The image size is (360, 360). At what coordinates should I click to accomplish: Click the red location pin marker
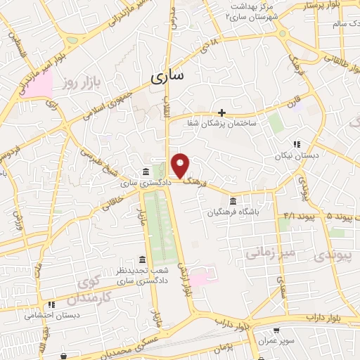[181, 165]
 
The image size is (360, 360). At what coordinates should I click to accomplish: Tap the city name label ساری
[167, 75]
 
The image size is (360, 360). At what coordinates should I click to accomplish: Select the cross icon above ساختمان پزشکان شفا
[221, 112]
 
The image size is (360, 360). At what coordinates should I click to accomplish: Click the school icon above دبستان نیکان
[296, 144]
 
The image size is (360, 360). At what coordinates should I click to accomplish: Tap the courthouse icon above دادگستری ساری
[145, 172]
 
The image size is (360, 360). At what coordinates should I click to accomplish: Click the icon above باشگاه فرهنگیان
[233, 201]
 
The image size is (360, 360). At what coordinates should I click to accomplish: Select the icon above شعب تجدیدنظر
[143, 260]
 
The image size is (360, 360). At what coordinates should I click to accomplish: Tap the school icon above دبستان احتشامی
[51, 305]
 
